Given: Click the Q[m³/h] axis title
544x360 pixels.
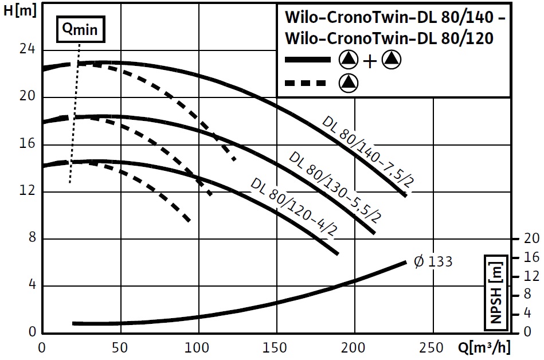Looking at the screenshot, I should (484, 348).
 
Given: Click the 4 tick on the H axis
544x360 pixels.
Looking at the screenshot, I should (32, 285).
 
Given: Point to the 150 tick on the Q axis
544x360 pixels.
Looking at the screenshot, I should (277, 348).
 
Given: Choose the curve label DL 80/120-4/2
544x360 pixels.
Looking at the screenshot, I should (293, 208).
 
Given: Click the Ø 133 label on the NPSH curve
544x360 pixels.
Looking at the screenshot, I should (433, 262).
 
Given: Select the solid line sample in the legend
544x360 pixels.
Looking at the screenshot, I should (308, 60).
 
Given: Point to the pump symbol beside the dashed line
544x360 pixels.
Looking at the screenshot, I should (348, 84).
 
